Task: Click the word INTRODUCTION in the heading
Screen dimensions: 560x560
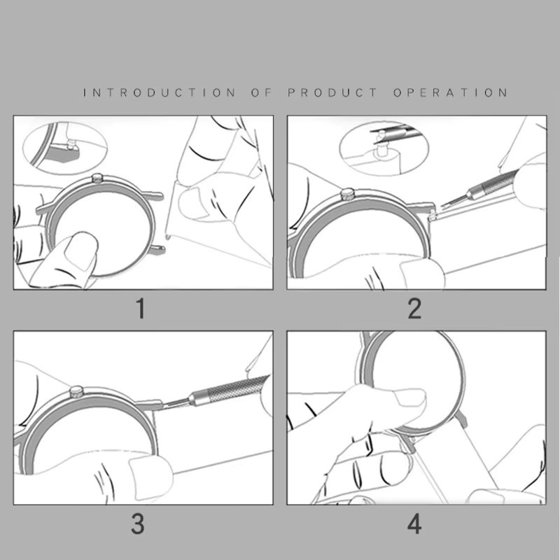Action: [160, 93]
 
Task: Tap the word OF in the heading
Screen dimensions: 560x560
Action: [261, 93]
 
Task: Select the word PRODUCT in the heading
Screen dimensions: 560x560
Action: [332, 93]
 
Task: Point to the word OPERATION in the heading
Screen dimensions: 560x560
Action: [450, 93]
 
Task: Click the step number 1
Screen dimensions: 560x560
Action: [141, 309]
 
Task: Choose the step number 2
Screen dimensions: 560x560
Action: [414, 309]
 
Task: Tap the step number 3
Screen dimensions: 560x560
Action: [138, 524]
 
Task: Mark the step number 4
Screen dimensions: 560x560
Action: [414, 524]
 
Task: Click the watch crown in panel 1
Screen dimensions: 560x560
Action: [97, 178]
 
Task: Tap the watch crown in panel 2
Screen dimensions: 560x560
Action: [346, 195]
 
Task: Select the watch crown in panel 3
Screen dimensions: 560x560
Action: [76, 391]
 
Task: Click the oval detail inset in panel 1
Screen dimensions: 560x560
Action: [65, 147]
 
